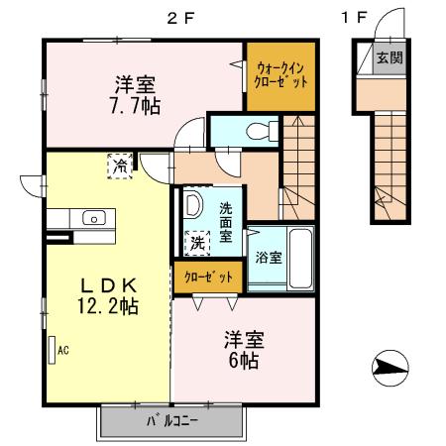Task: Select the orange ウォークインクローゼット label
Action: (x=281, y=72)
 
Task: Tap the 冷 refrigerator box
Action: (x=120, y=165)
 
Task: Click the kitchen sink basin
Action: (x=95, y=217)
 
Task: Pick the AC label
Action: (x=62, y=350)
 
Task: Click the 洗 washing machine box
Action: (x=197, y=241)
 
